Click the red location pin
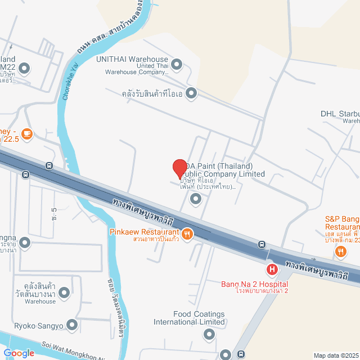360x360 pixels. click(179, 168)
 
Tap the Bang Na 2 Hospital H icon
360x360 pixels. click(272, 270)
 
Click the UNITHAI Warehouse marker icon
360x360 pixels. click(177, 65)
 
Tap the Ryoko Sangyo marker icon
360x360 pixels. click(72, 325)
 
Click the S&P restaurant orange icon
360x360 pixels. click(340, 253)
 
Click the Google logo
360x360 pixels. click(19, 353)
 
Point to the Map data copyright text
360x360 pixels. click(335, 355)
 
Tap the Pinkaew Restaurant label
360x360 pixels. click(145, 232)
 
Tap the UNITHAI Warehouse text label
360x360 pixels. click(132, 59)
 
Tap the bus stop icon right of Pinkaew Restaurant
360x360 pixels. click(262, 244)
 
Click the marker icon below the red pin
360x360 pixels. click(195, 198)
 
